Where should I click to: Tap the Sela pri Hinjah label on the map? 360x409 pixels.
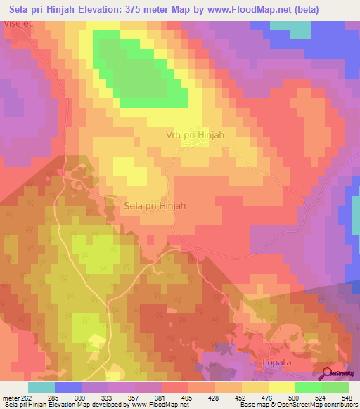155,206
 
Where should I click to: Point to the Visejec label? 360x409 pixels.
19,24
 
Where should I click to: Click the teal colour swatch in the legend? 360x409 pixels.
41,387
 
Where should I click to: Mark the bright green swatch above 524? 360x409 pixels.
308,387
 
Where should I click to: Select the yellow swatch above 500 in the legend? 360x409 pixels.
281,387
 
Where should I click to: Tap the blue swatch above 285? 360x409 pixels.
68,387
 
